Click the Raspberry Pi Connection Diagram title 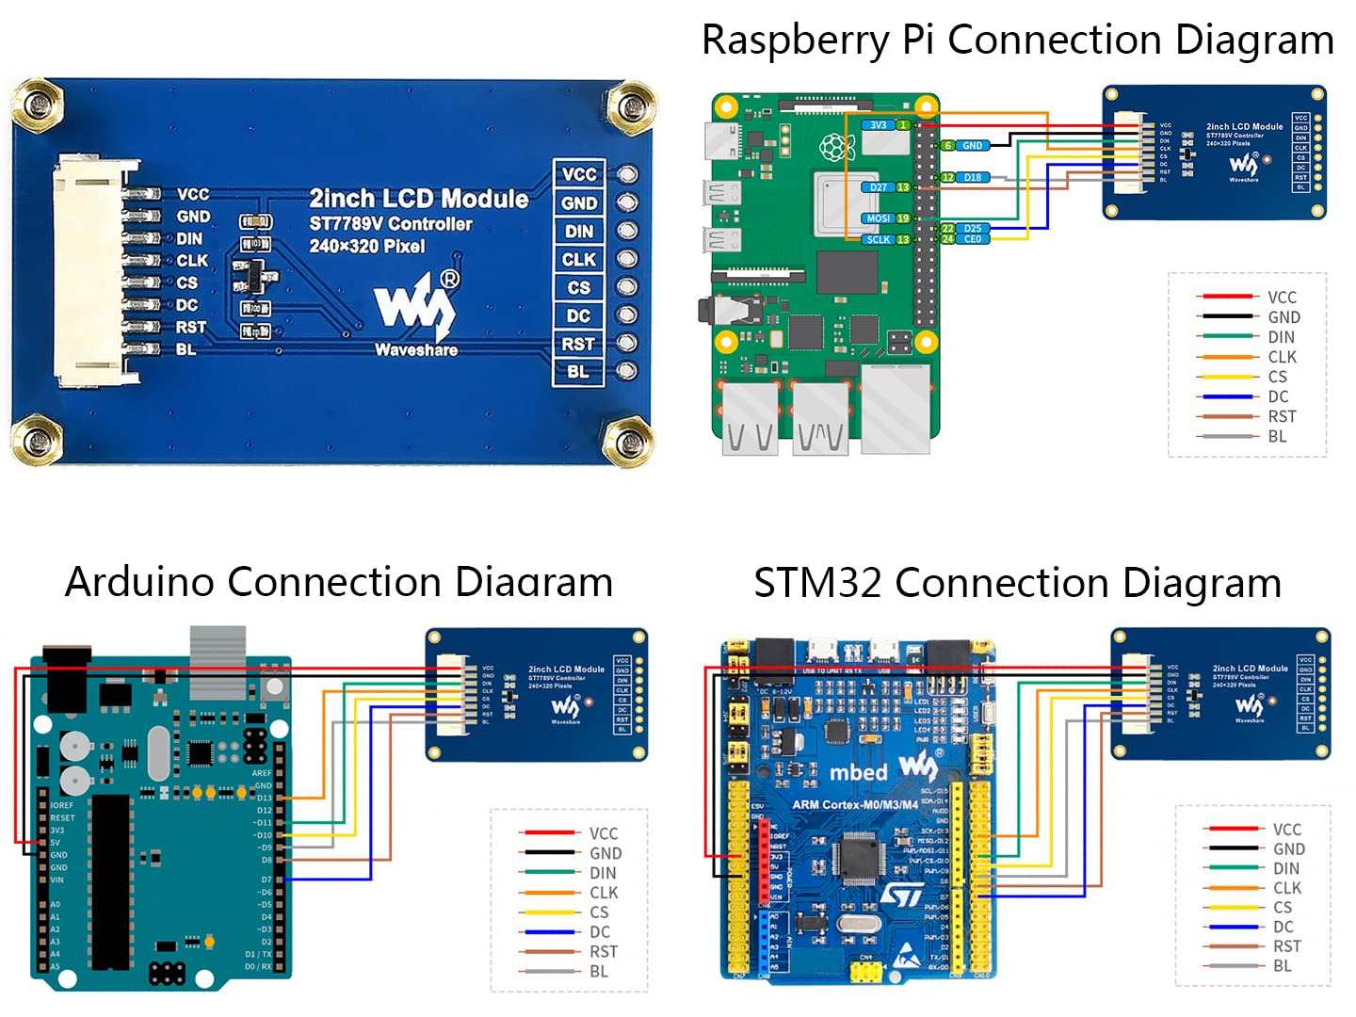[x=1017, y=40]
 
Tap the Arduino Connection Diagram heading [x=339, y=582]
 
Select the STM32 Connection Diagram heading [x=1017, y=583]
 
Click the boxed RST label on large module [x=578, y=344]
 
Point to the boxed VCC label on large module [x=578, y=174]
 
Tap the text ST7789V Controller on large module [x=391, y=224]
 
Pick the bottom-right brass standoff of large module [x=628, y=441]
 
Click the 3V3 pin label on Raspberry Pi [x=878, y=124]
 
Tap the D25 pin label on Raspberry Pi [x=972, y=228]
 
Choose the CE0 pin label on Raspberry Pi [x=972, y=239]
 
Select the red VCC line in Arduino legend [x=548, y=832]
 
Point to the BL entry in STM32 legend [x=1282, y=966]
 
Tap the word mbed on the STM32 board [x=858, y=772]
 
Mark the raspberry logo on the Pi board [x=832, y=147]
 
